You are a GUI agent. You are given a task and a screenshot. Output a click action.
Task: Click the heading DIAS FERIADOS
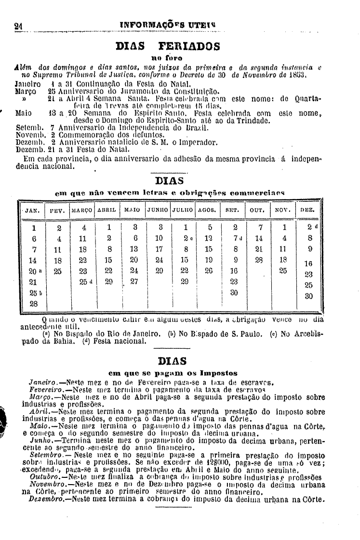coord(168,47)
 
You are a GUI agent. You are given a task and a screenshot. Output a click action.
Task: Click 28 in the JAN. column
coord(34,304)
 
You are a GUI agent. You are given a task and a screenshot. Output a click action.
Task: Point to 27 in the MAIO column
coord(134,281)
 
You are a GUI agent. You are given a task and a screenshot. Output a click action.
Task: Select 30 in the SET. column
coord(235,292)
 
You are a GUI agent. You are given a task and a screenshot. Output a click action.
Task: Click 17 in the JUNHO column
coord(159,249)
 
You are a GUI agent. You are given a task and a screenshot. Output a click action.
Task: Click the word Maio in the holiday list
coord(23,113)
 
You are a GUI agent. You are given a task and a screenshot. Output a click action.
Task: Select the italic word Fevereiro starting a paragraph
coord(44,388)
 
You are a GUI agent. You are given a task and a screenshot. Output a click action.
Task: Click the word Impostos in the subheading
coord(220,372)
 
